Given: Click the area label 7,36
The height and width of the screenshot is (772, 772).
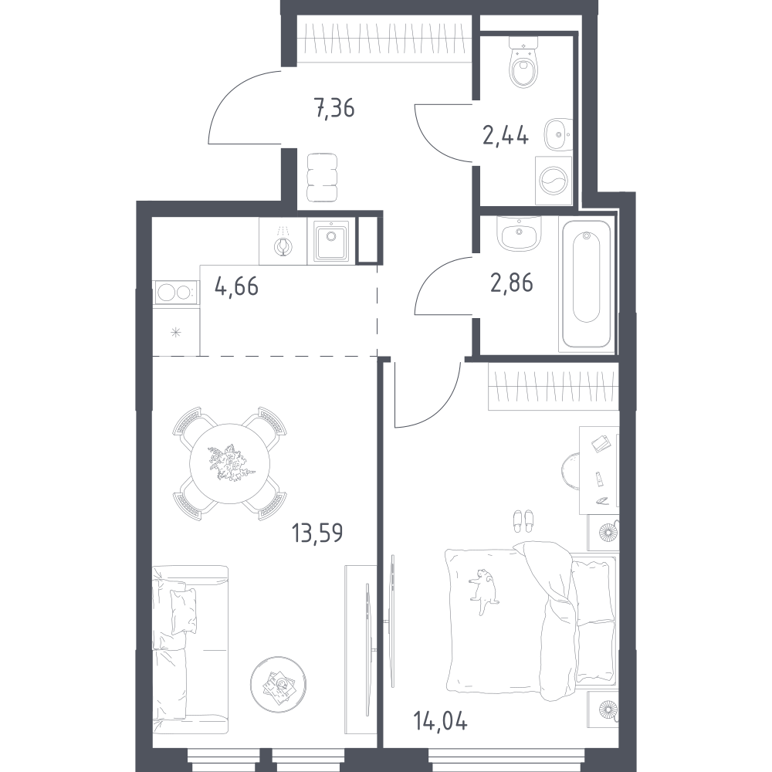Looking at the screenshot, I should [334, 110].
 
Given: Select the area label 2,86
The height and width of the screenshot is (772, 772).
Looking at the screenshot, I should [513, 283].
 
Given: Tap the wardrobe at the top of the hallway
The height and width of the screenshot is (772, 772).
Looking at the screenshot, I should [385, 38].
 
